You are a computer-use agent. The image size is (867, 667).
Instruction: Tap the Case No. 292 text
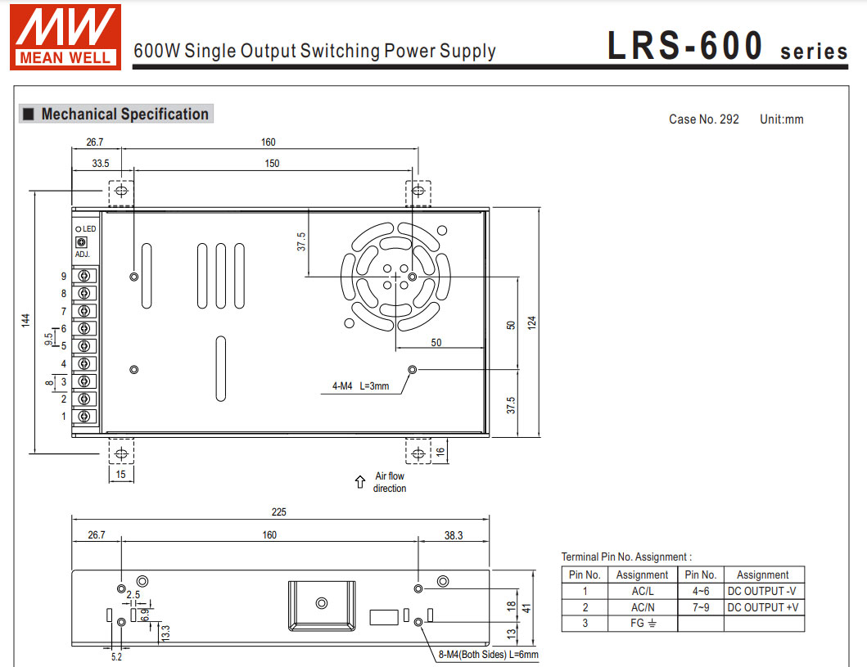pyautogui.click(x=703, y=119)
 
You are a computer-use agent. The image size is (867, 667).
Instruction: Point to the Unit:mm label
pyautogui.click(x=781, y=119)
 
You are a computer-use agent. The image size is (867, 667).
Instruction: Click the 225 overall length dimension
pyautogui.click(x=279, y=512)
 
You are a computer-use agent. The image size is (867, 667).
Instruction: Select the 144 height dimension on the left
pyautogui.click(x=25, y=320)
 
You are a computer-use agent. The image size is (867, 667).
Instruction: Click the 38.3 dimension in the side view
pyautogui.click(x=453, y=535)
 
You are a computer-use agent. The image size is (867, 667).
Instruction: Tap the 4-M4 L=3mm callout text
pyautogui.click(x=360, y=385)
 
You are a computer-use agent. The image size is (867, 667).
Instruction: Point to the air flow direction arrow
pyautogui.click(x=359, y=482)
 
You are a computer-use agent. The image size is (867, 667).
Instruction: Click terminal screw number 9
pyautogui.click(x=84, y=277)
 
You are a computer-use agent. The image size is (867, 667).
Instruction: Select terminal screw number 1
pyautogui.click(x=84, y=417)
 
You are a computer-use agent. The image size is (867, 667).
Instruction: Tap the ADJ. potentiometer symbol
pyautogui.click(x=81, y=242)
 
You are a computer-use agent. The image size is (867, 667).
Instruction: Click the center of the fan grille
pyautogui.click(x=396, y=277)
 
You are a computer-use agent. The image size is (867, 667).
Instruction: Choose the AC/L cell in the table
pyautogui.click(x=642, y=591)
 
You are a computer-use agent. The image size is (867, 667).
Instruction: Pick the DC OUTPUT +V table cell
pyautogui.click(x=762, y=607)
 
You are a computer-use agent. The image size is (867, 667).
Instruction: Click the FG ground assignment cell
pyautogui.click(x=642, y=624)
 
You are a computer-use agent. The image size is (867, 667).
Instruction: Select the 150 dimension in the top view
pyautogui.click(x=272, y=164)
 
